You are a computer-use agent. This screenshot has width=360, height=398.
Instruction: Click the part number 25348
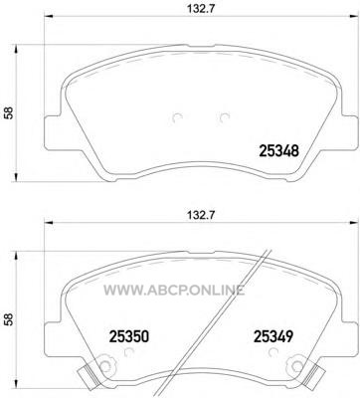click(278, 151)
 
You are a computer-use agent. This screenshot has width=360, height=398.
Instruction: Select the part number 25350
click(129, 336)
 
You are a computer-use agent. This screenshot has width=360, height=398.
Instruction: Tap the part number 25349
click(273, 336)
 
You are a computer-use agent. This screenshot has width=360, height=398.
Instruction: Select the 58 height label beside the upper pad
click(9, 112)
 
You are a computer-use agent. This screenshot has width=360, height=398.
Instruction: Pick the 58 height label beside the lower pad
click(9, 319)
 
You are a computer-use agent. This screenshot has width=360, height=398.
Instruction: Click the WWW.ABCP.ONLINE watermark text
click(174, 291)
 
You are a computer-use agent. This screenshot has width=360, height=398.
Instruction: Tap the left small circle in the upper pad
click(178, 118)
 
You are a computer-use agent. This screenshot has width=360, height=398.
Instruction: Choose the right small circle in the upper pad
click(225, 118)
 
